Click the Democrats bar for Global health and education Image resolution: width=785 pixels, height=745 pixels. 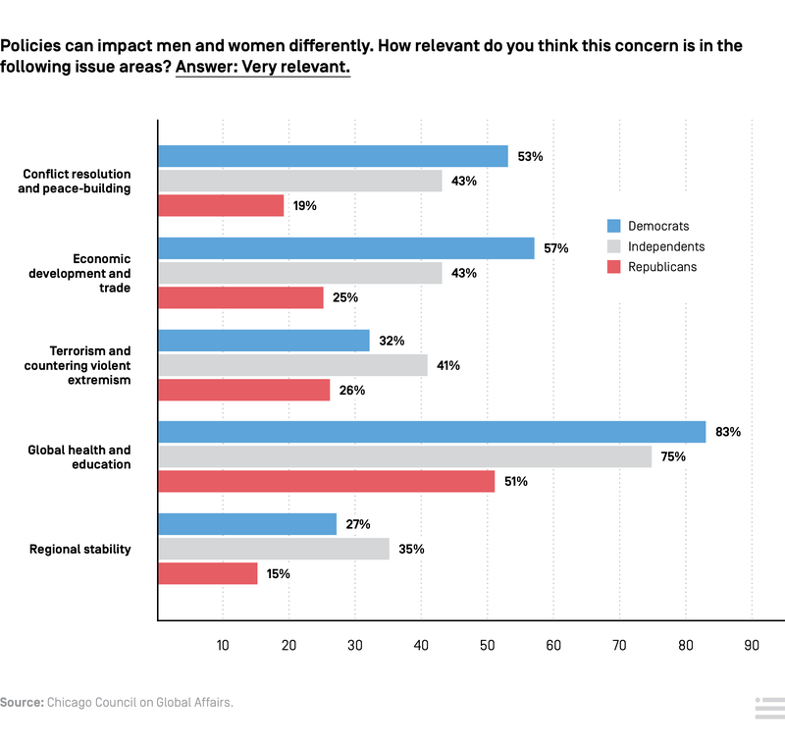click(432, 432)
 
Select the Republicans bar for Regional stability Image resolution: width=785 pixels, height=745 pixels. click(208, 573)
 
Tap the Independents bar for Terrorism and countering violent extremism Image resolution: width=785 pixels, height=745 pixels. click(293, 365)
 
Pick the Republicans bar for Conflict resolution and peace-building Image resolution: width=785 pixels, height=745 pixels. click(221, 205)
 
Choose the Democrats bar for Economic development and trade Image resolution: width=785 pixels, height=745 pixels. click(346, 248)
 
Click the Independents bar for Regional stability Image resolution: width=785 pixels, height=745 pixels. click(274, 549)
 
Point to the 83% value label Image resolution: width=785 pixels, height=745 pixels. click(728, 432)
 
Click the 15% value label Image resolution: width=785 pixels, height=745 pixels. click(278, 573)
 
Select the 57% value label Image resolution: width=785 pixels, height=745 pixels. click(556, 248)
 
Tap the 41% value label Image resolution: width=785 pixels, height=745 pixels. click(448, 365)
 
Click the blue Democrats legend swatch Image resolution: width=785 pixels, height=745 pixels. click(614, 227)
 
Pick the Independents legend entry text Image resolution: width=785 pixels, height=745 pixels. click(666, 246)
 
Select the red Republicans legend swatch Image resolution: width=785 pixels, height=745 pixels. click(614, 266)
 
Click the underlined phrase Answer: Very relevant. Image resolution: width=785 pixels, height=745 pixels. click(262, 68)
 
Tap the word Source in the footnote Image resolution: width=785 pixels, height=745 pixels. click(21, 703)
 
